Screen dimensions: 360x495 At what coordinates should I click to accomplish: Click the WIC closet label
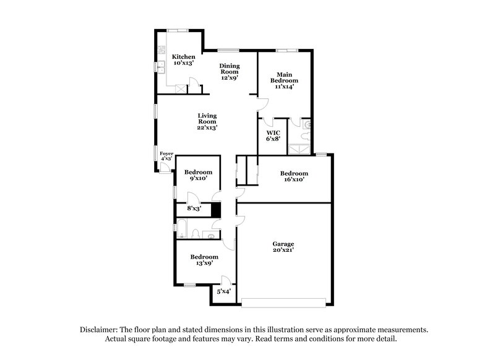(273, 133)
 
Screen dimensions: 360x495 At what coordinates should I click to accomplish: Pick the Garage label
(283, 244)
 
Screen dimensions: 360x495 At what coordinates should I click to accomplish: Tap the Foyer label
(166, 153)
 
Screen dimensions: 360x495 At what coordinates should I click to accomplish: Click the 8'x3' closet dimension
(194, 208)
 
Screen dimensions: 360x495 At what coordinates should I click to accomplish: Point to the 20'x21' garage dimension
(283, 251)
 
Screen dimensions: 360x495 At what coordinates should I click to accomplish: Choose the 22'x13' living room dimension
(207, 128)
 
